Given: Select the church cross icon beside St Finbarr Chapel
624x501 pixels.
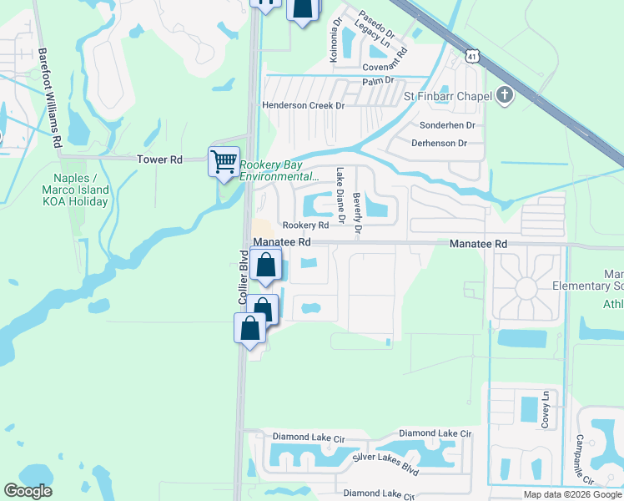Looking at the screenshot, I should [503, 95].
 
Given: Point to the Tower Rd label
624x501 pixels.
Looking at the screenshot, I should [159, 159].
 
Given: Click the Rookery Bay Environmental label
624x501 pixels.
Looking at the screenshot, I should [279, 170].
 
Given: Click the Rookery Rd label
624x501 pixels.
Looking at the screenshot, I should [304, 225].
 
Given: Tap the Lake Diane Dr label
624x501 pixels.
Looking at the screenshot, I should [340, 196].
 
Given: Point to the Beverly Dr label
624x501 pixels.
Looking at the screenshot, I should [357, 213].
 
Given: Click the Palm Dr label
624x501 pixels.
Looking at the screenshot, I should [377, 81].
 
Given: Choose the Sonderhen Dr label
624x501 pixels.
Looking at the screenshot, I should [447, 124].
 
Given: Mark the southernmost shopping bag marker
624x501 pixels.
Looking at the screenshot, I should [250, 327].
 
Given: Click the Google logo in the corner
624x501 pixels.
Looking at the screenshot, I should [28, 491].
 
